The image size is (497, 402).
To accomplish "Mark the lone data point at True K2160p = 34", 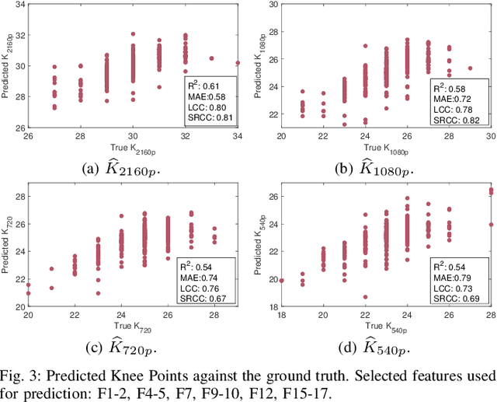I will pos(238,62).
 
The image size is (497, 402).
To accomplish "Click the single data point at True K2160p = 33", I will pos(211,58).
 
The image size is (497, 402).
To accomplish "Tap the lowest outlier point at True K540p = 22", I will pos(364,296).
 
